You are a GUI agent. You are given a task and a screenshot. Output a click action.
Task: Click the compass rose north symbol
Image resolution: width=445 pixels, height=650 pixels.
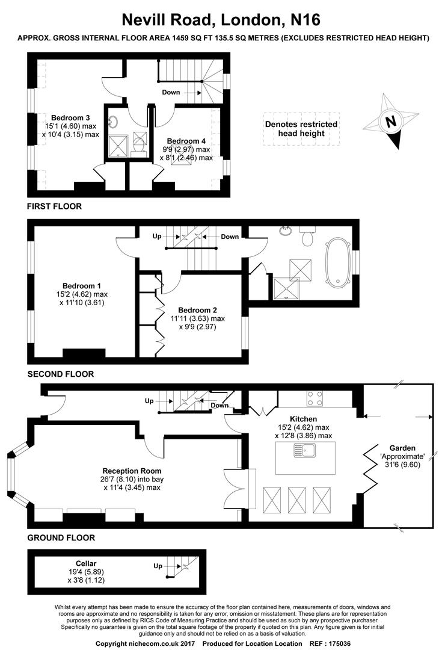click(391, 121)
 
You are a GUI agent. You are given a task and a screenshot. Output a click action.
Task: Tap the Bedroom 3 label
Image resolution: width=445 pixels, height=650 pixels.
click(70, 117)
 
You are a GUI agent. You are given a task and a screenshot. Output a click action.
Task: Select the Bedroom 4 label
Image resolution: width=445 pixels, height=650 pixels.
click(186, 141)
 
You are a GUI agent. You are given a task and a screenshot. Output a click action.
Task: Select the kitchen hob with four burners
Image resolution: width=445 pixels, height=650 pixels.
click(316, 398)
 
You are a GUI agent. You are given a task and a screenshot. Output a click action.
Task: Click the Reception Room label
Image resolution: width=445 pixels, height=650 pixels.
click(132, 471)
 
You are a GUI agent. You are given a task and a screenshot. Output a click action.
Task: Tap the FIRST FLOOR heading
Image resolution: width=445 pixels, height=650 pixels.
click(54, 206)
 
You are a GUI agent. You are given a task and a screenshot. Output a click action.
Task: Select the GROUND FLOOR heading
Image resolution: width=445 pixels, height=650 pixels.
click(61, 537)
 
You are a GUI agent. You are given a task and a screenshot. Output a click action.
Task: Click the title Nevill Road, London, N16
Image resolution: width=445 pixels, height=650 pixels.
click(222, 20)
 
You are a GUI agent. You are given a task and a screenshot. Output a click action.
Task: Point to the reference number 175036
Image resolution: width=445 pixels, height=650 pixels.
click(355, 644)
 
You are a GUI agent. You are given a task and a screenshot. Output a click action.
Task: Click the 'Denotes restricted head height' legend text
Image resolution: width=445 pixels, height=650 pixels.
click(301, 129)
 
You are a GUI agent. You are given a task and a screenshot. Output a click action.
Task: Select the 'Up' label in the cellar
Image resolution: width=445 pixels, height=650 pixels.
click(158, 566)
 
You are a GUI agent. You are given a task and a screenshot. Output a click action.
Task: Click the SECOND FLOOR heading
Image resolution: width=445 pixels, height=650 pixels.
click(61, 374)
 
